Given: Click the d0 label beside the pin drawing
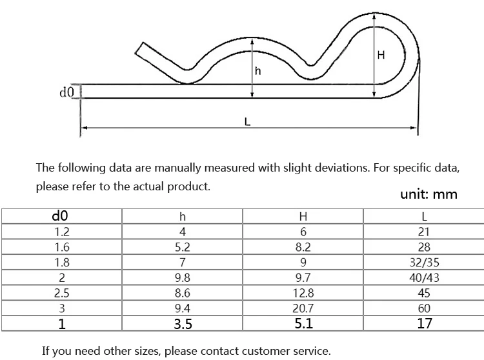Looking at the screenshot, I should click(66, 93).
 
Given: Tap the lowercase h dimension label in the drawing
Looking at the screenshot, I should click(258, 72).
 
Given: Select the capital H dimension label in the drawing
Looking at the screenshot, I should click(381, 55).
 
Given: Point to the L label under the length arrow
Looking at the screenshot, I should click(248, 121).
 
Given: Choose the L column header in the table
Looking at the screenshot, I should click(424, 217).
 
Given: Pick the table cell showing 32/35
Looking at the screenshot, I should click(424, 263).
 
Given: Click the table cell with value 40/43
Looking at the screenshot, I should click(424, 278).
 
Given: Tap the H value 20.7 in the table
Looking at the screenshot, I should click(303, 308).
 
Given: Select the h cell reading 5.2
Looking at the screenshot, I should click(183, 247).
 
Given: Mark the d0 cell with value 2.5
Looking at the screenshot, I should click(61, 294).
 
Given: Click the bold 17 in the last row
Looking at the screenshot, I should click(424, 324).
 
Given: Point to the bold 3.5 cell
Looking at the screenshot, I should click(183, 324).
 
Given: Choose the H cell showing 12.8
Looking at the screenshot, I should click(303, 294).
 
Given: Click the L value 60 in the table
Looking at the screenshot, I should click(424, 308).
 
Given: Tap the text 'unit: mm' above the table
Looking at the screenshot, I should click(424, 194).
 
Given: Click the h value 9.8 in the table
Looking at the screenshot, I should click(183, 278).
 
